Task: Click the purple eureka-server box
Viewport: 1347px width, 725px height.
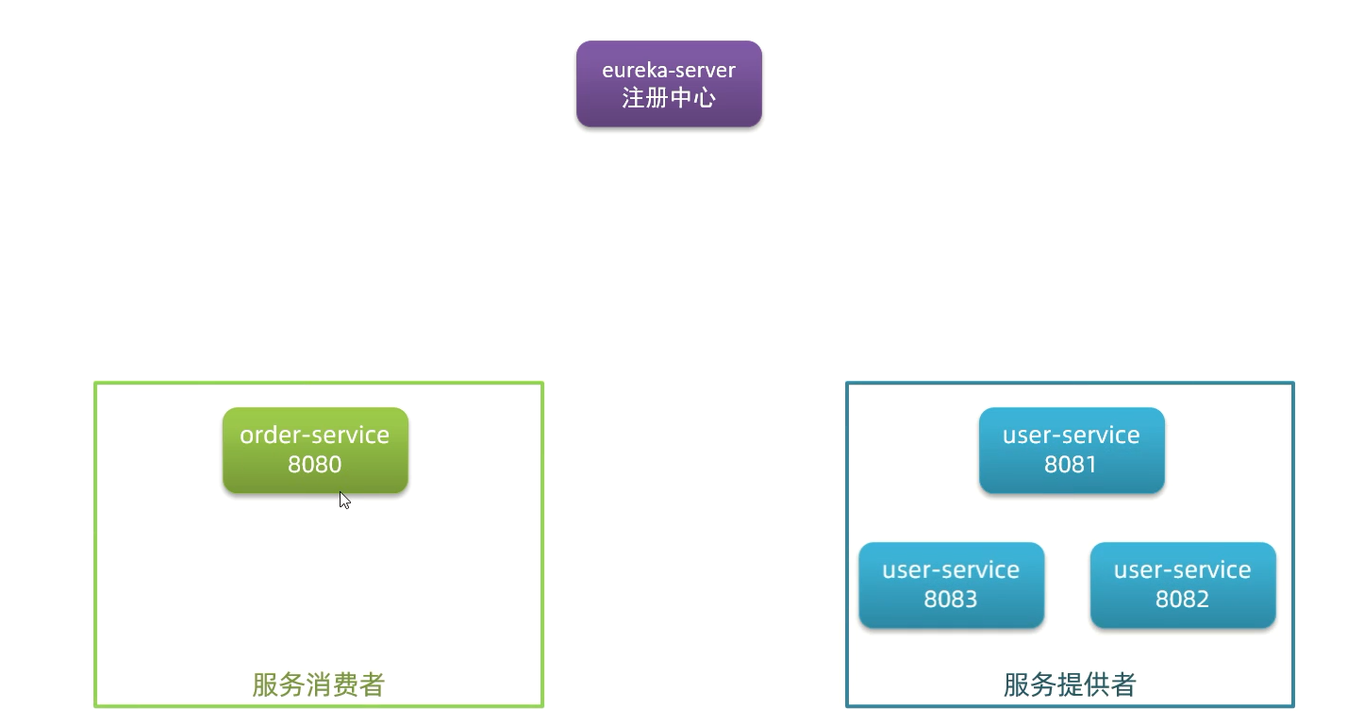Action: tap(669, 83)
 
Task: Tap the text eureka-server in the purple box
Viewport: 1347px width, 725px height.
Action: tap(669, 70)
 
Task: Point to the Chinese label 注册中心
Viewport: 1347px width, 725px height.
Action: tap(669, 97)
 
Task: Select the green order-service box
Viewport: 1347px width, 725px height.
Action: tap(315, 450)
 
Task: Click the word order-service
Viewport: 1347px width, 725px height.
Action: tap(315, 436)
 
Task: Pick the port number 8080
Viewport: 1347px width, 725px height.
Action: tap(315, 465)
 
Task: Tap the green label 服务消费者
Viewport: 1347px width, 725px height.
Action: tap(319, 684)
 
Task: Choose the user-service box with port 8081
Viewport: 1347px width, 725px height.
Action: tap(1072, 450)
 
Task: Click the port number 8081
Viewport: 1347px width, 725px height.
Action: tap(1072, 465)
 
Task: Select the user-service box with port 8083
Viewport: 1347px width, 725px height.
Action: tap(951, 585)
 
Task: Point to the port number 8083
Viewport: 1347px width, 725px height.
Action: tap(951, 600)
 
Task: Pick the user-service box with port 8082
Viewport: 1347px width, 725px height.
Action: tap(1183, 585)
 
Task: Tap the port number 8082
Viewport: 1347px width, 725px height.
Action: tap(1183, 600)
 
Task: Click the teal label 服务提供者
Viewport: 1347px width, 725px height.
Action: tap(1070, 684)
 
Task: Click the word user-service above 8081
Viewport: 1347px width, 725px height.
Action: tap(1072, 436)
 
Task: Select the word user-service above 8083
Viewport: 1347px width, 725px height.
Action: tap(951, 570)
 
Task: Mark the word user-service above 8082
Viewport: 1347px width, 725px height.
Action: tap(1183, 570)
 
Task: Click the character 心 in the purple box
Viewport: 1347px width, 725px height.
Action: tap(704, 97)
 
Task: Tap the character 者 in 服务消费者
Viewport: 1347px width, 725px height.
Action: tap(373, 684)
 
